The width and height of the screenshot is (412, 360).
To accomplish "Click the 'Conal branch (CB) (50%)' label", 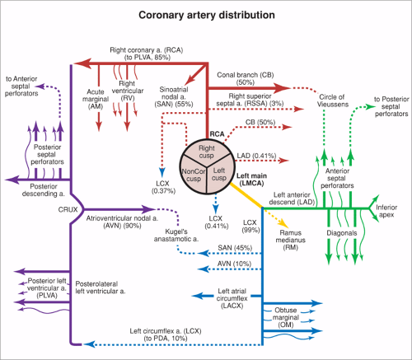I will (245, 76).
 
